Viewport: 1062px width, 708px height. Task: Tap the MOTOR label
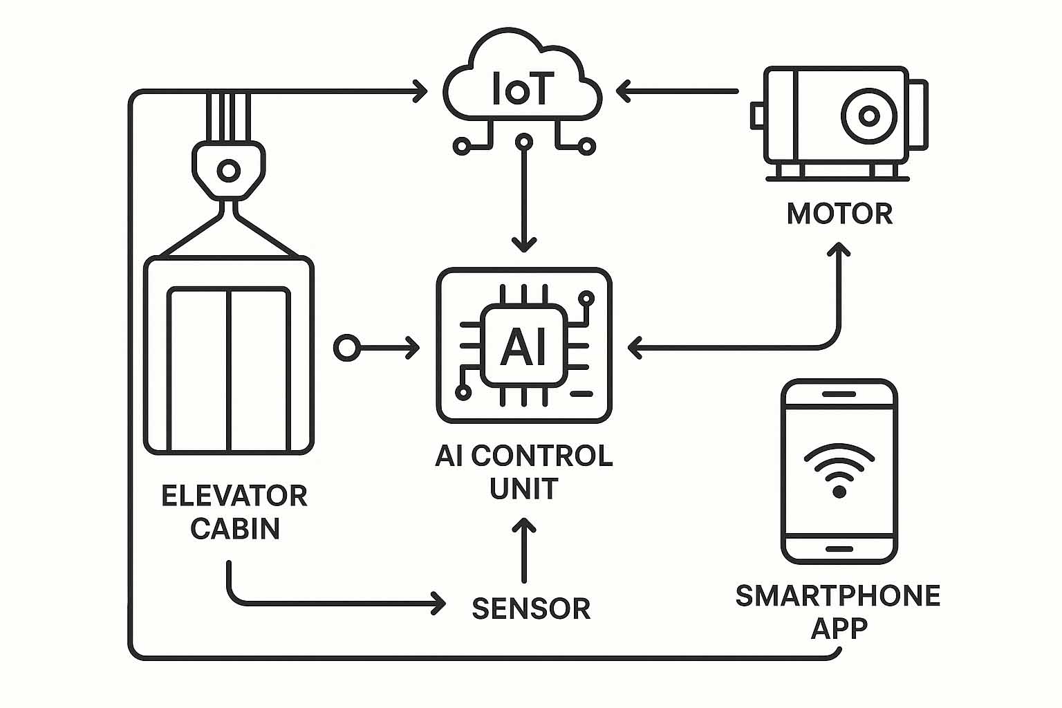[x=839, y=214]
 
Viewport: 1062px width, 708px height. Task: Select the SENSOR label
[x=531, y=608]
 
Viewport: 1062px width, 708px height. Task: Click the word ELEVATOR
[x=234, y=496]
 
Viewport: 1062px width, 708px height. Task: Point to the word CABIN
[x=235, y=529]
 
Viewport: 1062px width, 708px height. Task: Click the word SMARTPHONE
[x=838, y=596]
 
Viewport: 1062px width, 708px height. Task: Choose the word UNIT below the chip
[x=523, y=489]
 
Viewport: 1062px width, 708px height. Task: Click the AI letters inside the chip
[x=523, y=346]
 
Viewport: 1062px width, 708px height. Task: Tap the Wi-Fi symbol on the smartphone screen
[x=839, y=470]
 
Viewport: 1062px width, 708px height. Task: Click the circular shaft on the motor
[x=868, y=115]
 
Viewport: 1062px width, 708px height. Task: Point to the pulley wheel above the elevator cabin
[x=227, y=169]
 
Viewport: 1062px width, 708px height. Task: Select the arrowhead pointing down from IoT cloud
[x=524, y=244]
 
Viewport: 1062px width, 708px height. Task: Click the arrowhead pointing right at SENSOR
[x=438, y=602]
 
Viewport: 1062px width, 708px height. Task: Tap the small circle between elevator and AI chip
[x=346, y=348]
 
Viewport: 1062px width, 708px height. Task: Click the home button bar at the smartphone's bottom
[x=839, y=548]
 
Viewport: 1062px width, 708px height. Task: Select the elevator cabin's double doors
[x=229, y=370]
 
